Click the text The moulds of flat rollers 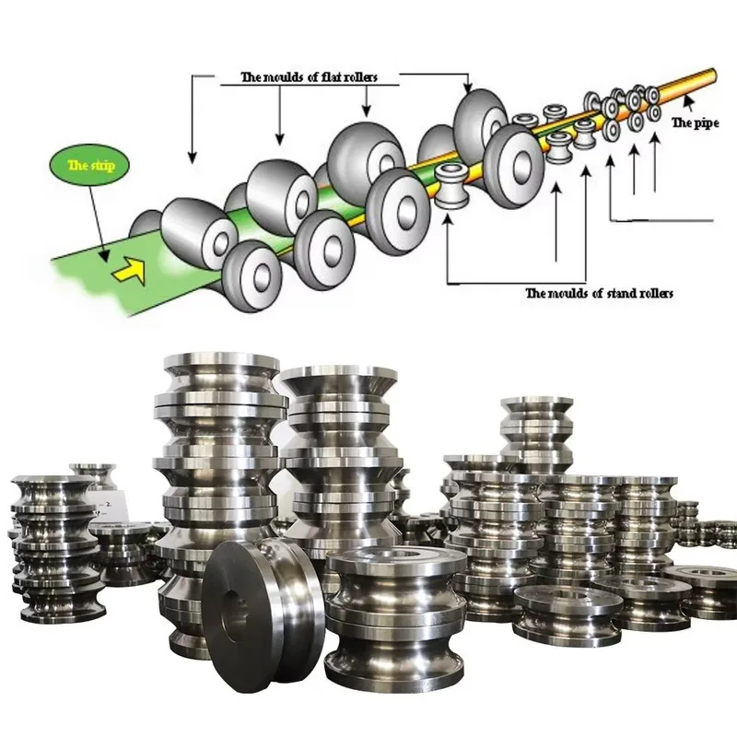(x=308, y=77)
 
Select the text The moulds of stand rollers (x=599, y=293)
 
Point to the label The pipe (x=694, y=123)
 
